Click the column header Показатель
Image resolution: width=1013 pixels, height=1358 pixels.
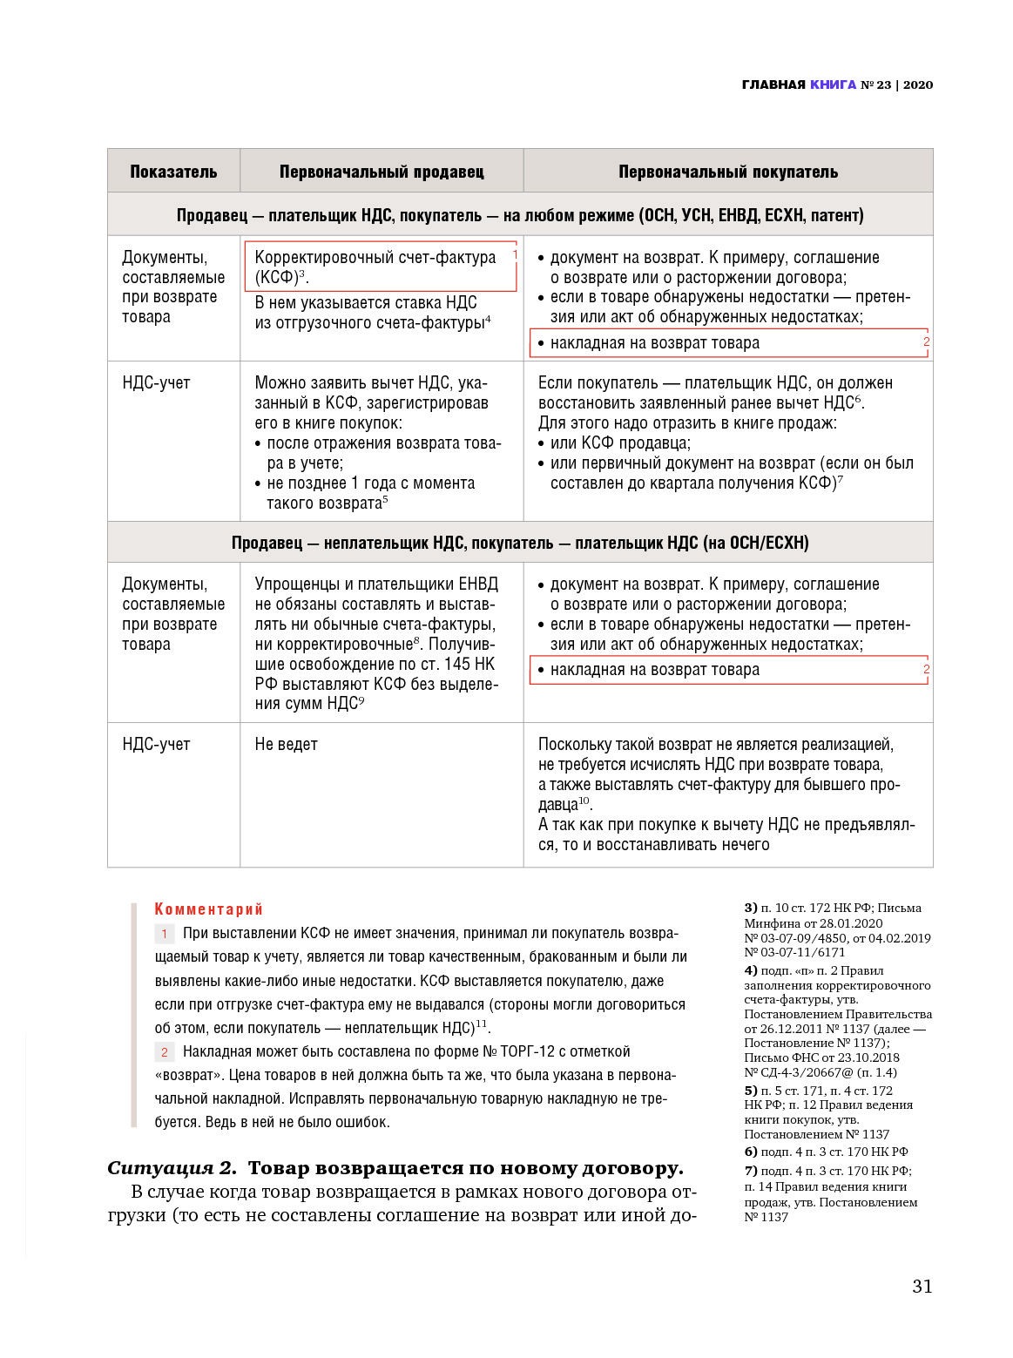pos(173,172)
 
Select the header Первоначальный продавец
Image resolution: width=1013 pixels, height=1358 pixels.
pos(382,172)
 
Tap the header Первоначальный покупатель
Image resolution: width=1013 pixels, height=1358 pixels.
pos(728,172)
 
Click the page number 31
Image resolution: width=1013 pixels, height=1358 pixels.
pos(922,1286)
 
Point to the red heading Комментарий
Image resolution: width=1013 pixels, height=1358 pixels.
pos(208,909)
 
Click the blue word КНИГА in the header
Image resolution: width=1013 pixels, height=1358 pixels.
pos(833,84)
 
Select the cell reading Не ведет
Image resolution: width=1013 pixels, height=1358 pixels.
pos(286,744)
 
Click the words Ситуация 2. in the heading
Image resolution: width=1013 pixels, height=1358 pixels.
pos(172,1167)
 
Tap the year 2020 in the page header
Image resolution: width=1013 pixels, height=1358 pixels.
pos(917,84)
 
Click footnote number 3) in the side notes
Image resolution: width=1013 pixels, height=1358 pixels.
pos(750,908)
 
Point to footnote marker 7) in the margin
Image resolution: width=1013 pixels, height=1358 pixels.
pos(750,1171)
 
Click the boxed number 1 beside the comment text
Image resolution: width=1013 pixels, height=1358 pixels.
pos(164,933)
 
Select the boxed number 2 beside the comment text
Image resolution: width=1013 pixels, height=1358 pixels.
pos(164,1051)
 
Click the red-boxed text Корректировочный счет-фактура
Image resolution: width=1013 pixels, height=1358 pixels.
pos(375,258)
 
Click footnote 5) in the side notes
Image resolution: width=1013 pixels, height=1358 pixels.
pos(750,1091)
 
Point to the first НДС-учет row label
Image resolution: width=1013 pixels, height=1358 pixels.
pos(156,382)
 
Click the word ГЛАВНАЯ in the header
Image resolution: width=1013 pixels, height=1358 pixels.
pos(773,84)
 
